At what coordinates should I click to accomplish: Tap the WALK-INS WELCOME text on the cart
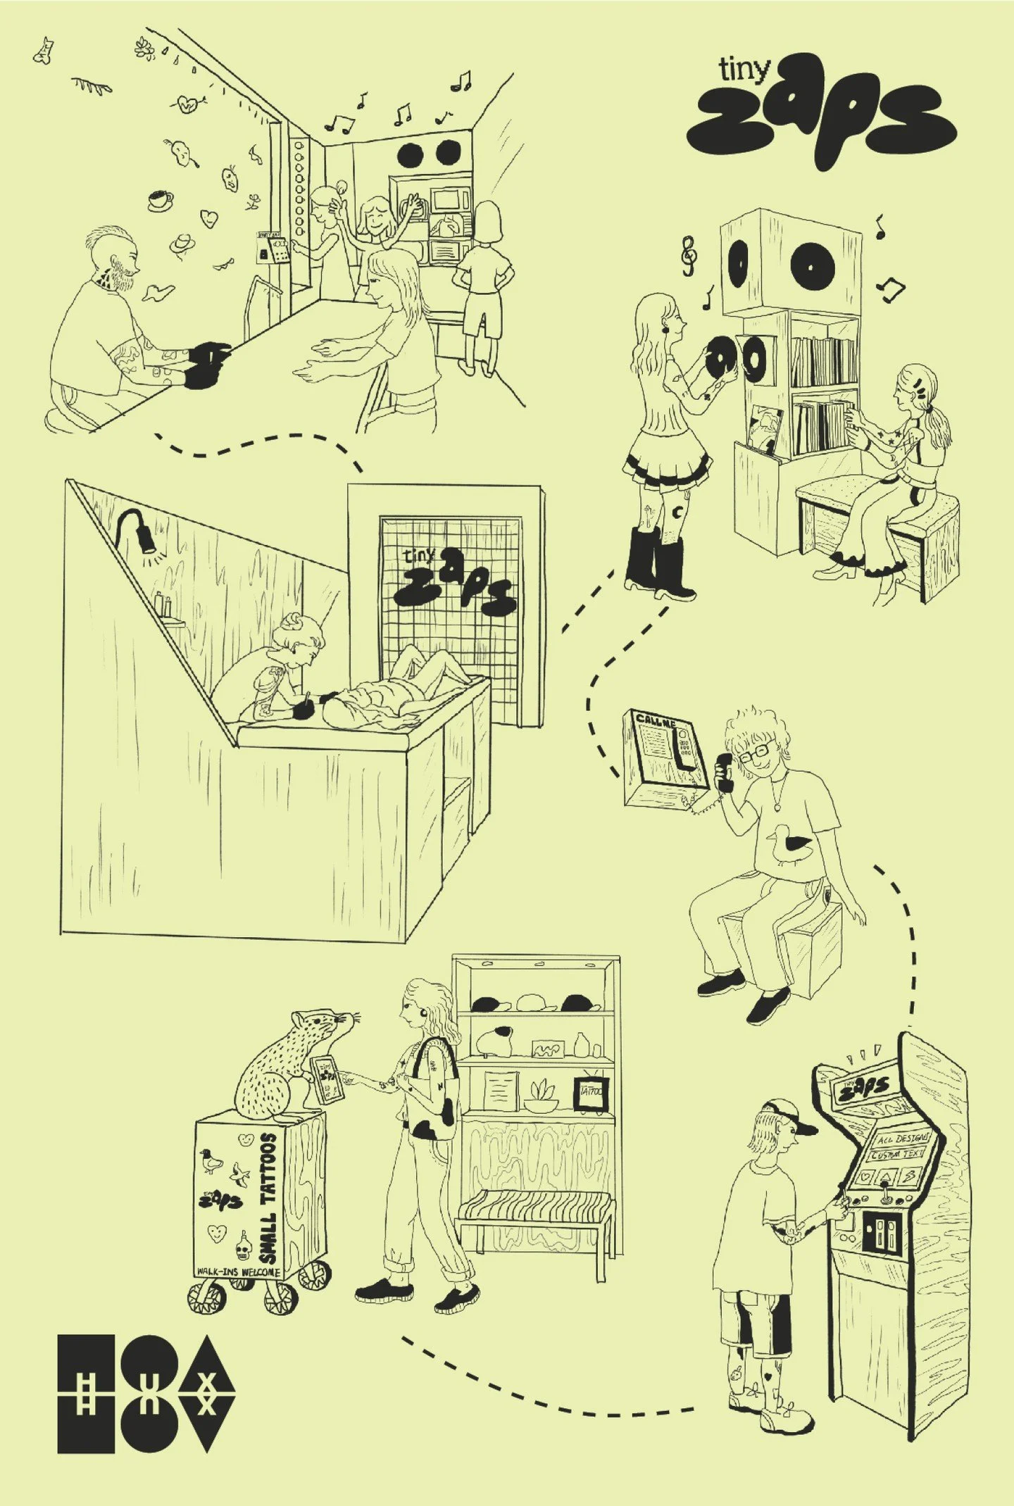(238, 1272)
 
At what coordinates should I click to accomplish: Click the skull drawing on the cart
(244, 1248)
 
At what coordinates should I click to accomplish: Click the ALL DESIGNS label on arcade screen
(902, 1138)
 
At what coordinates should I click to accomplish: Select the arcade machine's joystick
(886, 1193)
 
